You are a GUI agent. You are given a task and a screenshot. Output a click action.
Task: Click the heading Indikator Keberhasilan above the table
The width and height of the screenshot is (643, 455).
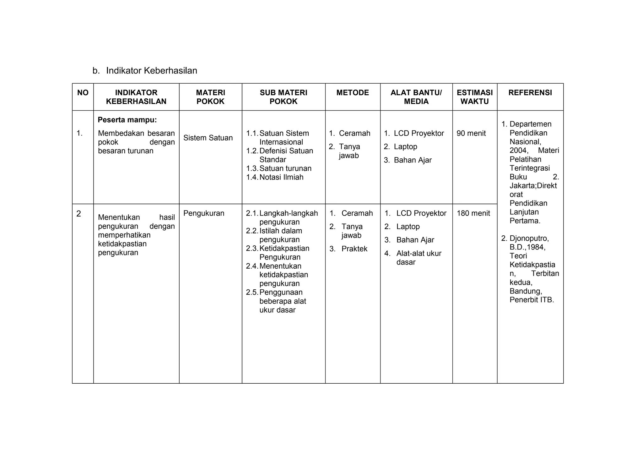click(151, 71)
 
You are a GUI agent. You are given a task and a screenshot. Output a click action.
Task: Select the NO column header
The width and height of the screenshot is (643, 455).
click(83, 93)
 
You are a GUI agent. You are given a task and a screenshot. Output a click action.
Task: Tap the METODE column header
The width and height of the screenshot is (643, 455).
click(353, 93)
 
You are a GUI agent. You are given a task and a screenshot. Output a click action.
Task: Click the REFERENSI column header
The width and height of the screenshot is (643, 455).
click(530, 93)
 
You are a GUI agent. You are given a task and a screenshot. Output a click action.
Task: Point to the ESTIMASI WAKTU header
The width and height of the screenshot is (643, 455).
click(474, 97)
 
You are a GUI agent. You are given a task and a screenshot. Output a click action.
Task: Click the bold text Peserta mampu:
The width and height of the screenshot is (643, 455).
click(127, 120)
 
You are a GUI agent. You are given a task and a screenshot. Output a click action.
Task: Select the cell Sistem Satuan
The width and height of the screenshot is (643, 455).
click(208, 138)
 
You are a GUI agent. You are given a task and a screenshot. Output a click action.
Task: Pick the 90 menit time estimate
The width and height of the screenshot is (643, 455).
click(471, 133)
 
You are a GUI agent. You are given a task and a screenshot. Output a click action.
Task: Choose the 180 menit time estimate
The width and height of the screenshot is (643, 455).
click(473, 213)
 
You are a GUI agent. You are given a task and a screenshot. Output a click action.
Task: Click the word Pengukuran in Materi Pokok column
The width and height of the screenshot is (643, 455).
click(204, 213)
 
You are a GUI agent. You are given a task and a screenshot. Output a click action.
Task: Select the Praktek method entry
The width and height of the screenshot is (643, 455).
click(354, 249)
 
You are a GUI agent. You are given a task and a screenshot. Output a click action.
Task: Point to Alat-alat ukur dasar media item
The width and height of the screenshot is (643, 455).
click(419, 258)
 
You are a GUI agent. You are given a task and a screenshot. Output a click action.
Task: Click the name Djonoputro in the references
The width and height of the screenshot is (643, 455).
click(529, 238)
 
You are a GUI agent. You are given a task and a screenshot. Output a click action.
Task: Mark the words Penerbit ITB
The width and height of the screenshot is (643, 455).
click(532, 300)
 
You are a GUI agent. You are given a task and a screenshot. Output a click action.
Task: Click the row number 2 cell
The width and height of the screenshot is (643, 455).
click(79, 214)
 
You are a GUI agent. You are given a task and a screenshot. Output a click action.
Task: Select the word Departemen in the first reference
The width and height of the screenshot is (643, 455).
click(530, 124)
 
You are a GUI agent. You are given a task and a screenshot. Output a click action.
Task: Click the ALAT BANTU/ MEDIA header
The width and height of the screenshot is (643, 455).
click(416, 97)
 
